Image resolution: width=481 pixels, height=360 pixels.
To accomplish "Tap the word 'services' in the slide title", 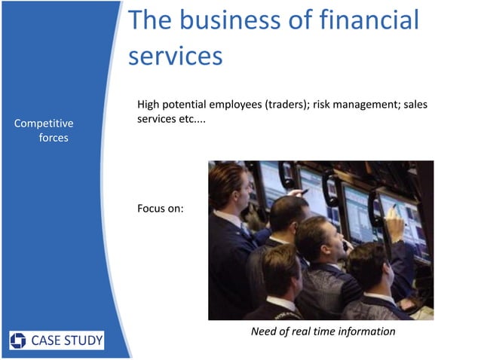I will pyautogui.click(x=175, y=56).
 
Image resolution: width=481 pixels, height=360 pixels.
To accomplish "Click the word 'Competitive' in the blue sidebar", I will pyautogui.click(x=44, y=123).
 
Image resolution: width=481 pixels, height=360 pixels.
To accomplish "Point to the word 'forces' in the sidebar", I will pyautogui.click(x=54, y=138).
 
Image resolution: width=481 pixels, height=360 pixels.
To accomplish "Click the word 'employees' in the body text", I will pyautogui.click(x=228, y=105).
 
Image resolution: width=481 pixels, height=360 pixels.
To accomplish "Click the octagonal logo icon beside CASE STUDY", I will pyautogui.click(x=18, y=340).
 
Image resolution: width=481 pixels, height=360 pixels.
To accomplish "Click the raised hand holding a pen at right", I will pyautogui.click(x=394, y=220).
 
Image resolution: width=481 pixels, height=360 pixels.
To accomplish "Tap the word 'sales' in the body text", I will pyautogui.click(x=415, y=105).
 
